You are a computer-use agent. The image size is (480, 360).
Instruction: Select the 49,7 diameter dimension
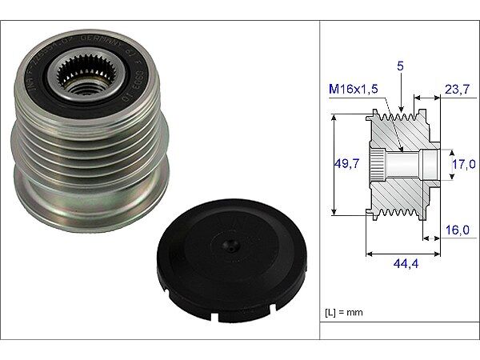346,164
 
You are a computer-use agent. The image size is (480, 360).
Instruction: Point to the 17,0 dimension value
463,164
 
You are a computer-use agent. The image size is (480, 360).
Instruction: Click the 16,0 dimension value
458,230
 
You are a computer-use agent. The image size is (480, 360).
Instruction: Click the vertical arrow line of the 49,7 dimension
333,164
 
